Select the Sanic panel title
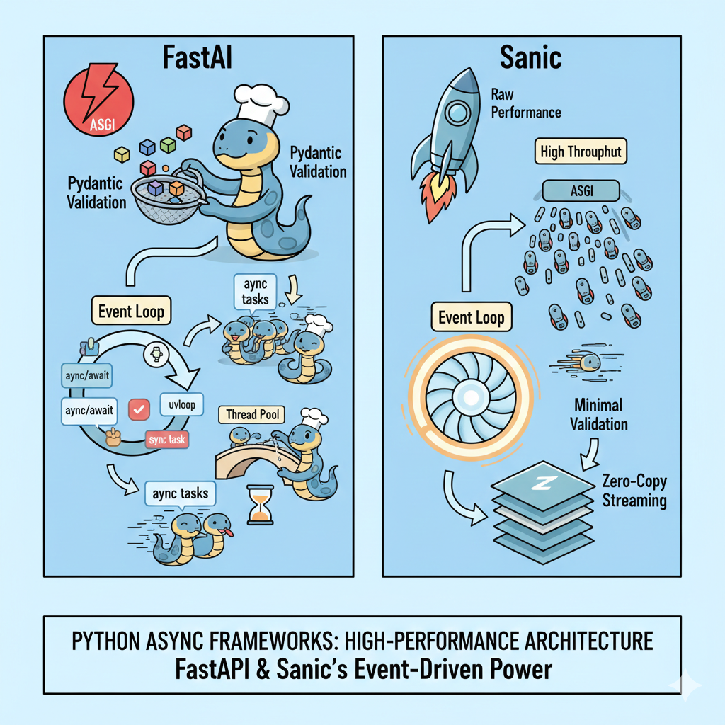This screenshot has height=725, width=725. [530, 57]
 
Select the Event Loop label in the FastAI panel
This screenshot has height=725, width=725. [132, 312]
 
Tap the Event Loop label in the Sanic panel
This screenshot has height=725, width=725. [472, 317]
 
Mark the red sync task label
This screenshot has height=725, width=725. [168, 440]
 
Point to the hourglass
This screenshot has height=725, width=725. [261, 504]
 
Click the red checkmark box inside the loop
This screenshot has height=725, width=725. [139, 409]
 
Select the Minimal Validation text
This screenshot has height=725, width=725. [599, 414]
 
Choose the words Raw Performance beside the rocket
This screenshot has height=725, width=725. [525, 103]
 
